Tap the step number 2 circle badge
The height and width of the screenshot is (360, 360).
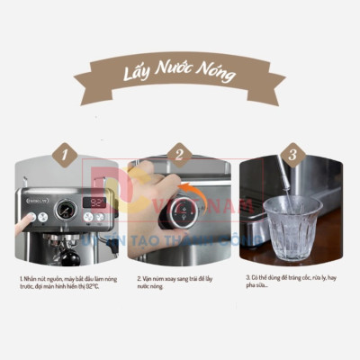(x=179, y=155)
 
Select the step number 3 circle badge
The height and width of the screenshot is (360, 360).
(x=290, y=155)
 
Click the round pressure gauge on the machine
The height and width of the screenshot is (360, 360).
(x=64, y=210)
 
